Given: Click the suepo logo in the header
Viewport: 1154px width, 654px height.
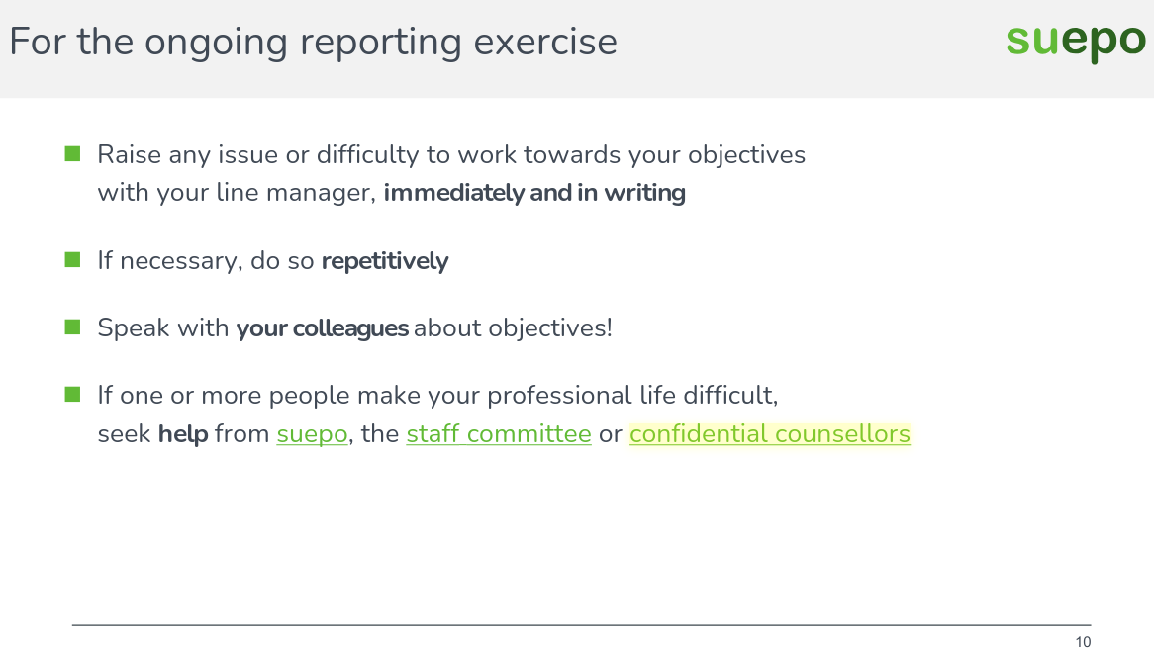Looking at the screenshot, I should click(x=1075, y=42).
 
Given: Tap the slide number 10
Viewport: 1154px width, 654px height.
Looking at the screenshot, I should click(x=1083, y=642).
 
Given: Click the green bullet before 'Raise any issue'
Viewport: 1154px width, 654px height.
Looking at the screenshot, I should click(x=72, y=153).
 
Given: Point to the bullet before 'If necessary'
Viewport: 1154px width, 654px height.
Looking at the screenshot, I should click(x=72, y=260).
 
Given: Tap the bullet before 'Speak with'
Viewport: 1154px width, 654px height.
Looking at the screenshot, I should click(x=72, y=327).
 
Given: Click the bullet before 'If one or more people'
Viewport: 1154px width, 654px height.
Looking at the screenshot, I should click(x=72, y=394).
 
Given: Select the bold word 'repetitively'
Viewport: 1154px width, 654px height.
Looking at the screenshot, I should click(x=385, y=261).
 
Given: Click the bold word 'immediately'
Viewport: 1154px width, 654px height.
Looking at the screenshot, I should click(x=453, y=192).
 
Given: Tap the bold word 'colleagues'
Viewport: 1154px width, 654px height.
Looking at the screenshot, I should click(x=351, y=327).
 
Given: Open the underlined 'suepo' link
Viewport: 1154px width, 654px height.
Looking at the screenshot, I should click(x=312, y=433).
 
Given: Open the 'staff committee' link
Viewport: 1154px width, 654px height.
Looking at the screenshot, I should click(x=499, y=433).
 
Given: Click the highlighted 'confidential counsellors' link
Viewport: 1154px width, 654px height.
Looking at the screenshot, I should click(x=769, y=433).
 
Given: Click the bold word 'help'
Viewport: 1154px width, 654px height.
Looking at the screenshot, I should click(x=183, y=433).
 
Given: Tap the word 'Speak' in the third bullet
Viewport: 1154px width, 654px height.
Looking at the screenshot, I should click(x=133, y=327).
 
